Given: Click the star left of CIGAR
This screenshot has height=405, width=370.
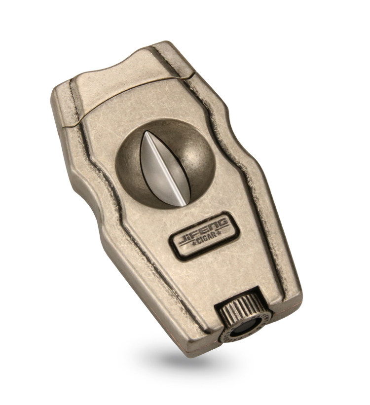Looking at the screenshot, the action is coord(193,243).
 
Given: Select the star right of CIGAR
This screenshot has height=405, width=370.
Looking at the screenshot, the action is coord(219,233).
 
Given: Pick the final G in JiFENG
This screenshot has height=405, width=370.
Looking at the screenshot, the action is coord(223,222).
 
